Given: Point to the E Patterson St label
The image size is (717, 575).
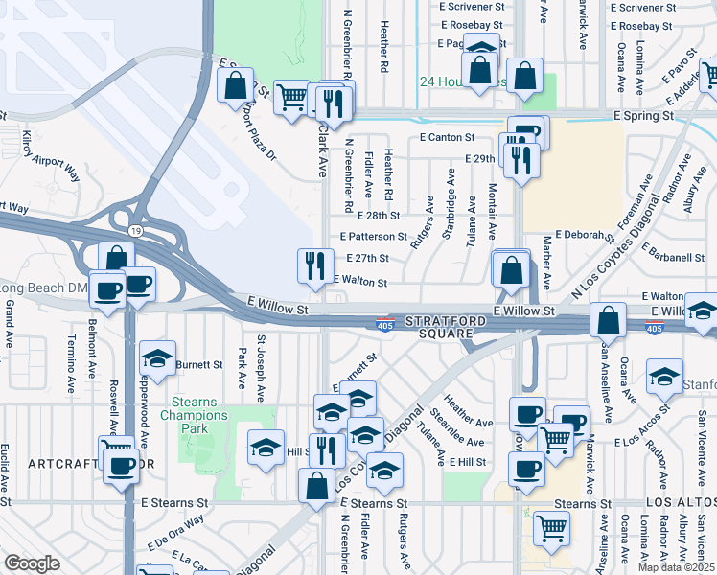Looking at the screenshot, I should click(373, 236).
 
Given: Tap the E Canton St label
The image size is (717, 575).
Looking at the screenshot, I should click(448, 138).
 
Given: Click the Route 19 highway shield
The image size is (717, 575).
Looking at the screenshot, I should click(138, 231).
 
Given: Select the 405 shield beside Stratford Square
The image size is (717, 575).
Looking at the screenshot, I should click(385, 325).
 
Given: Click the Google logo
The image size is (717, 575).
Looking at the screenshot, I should click(32, 563).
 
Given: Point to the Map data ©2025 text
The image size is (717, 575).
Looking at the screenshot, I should click(676, 567).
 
